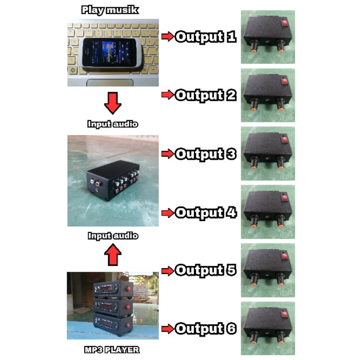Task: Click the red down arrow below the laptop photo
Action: tap(112, 103)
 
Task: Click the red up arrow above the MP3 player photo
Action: tap(112, 255)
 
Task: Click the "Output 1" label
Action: tap(205, 37)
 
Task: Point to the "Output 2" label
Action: tap(205, 95)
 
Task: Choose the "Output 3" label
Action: tap(205, 154)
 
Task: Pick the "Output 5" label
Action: tap(205, 270)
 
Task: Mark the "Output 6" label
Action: tap(205, 329)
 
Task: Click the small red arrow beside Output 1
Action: tap(167, 37)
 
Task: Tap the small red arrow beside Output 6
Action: tap(167, 329)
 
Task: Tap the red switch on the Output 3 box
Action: tap(284, 139)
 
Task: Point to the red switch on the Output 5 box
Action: tap(284, 256)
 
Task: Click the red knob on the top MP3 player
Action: tap(128, 288)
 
